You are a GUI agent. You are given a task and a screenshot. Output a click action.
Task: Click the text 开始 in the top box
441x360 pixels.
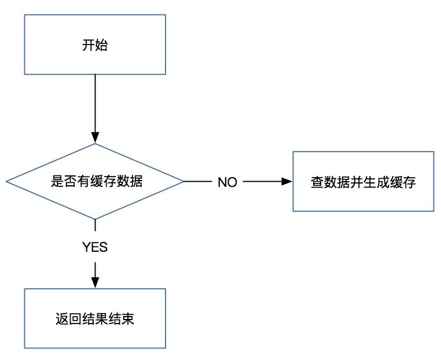click(x=95, y=46)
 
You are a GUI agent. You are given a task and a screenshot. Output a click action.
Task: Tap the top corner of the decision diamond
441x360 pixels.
click(x=95, y=144)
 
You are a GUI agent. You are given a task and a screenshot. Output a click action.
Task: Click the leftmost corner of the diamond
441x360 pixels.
click(x=7, y=182)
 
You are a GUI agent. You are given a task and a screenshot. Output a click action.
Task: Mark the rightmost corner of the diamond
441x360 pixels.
click(x=183, y=182)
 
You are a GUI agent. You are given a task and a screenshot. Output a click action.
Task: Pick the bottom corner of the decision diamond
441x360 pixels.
click(x=95, y=219)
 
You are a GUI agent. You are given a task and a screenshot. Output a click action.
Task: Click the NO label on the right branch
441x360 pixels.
click(x=227, y=182)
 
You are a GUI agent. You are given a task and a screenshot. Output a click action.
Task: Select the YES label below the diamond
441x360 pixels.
click(x=95, y=247)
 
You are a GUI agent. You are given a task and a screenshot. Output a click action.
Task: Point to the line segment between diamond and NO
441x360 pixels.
click(x=197, y=182)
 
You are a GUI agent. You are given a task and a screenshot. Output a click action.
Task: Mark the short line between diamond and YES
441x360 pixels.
click(x=95, y=226)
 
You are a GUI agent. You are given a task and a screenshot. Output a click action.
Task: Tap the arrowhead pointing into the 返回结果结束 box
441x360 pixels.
click(x=95, y=282)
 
